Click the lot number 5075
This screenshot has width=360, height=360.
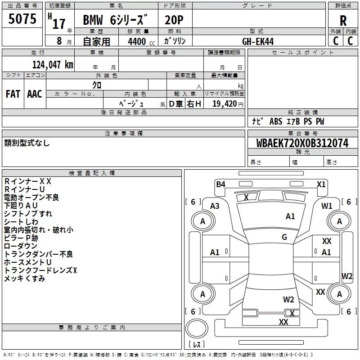[x=22, y=18]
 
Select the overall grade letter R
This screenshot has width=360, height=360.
[x=343, y=21]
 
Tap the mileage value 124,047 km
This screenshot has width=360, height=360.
[x=53, y=64]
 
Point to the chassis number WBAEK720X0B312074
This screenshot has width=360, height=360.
[x=302, y=143]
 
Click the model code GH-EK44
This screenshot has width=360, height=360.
[x=258, y=41]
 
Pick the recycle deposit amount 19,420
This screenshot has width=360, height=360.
[x=224, y=103]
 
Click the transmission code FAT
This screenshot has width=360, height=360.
[x=13, y=94]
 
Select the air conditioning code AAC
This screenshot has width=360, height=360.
[x=35, y=94]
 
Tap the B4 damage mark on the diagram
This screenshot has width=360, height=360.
[x=220, y=184]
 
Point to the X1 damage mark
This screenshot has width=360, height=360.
[x=321, y=184]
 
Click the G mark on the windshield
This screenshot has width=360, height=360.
[x=284, y=237]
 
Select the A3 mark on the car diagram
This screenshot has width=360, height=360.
[x=215, y=206]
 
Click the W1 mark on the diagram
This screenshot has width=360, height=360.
[x=327, y=206]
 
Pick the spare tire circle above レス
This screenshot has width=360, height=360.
[x=197, y=328]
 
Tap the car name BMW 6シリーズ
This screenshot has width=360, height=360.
[x=115, y=20]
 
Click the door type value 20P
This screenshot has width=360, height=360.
[x=174, y=20]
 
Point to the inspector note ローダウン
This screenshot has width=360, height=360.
[x=20, y=246]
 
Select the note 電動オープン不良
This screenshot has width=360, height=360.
[x=31, y=198]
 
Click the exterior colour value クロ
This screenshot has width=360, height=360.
[x=97, y=85]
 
